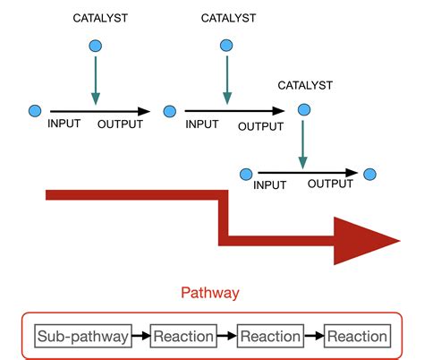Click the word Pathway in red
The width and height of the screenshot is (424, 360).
tap(210, 293)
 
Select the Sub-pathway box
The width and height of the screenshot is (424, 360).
tap(83, 337)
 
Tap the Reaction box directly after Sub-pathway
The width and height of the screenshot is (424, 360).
tap(183, 337)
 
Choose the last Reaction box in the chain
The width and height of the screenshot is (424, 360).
tap(357, 337)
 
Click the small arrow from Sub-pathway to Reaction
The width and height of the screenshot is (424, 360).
tap(140, 337)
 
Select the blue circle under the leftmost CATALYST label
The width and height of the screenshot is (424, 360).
tap(96, 46)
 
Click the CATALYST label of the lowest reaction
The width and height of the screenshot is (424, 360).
tap(305, 85)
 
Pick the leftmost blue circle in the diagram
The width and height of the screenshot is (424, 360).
tap(35, 111)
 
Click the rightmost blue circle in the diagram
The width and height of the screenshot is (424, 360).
tap(369, 173)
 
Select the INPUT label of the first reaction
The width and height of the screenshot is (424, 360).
tap(68, 124)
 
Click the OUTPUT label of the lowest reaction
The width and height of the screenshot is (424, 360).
tap(330, 184)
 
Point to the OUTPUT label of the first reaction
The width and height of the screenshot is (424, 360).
tap(120, 124)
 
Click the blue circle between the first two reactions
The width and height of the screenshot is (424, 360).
tap(170, 111)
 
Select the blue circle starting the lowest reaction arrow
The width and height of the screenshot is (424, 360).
tap(244, 173)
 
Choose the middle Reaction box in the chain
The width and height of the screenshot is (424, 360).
tap(270, 337)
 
